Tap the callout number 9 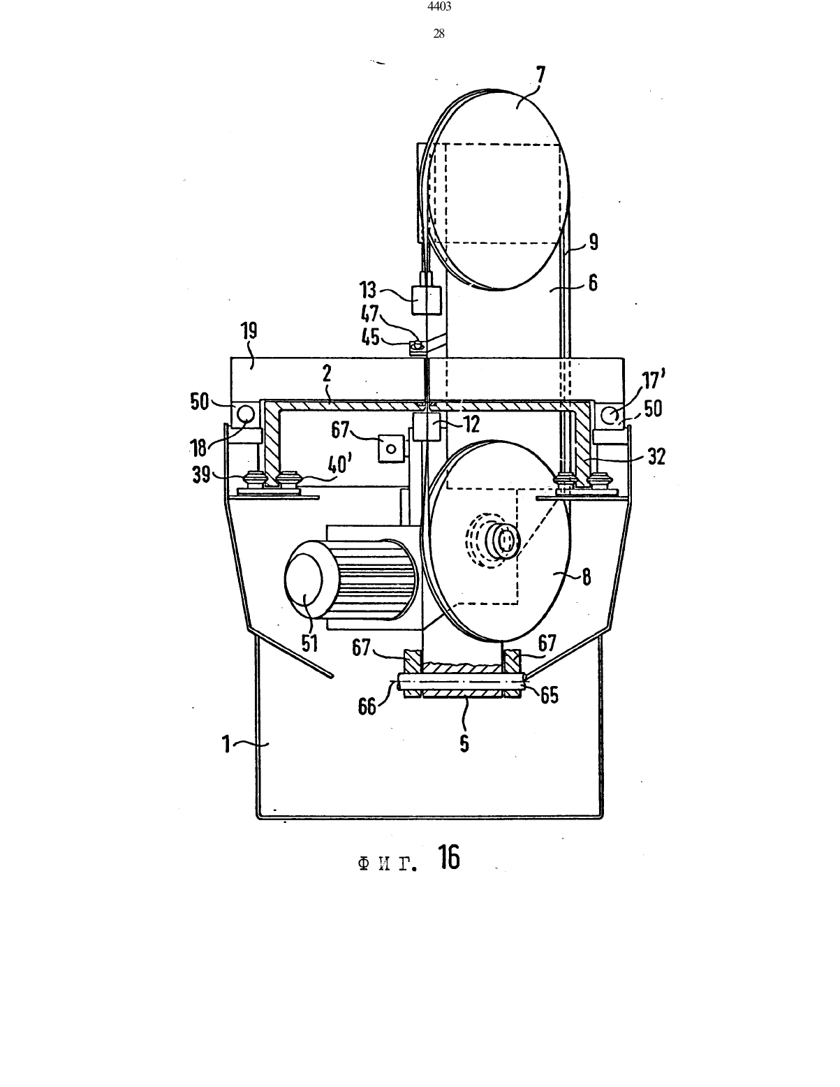[593, 242]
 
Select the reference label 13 [369, 290]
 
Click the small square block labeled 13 [426, 300]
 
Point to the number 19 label [249, 331]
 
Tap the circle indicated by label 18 [246, 413]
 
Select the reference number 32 [656, 457]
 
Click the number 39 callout [202, 474]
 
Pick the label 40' [341, 465]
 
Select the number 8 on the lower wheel [587, 577]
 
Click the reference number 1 [226, 745]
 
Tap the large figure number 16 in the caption [449, 857]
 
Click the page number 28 [439, 34]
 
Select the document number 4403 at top [439, 6]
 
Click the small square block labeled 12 [426, 426]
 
